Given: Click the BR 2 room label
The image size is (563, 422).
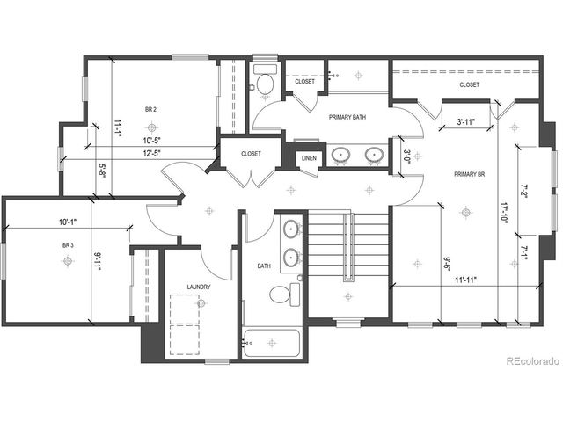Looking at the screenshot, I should (x=150, y=109).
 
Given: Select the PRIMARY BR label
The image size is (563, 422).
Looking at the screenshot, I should (x=470, y=174).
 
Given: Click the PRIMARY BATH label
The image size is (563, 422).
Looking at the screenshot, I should (x=347, y=117).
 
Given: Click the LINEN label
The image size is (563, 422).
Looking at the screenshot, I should (x=308, y=158).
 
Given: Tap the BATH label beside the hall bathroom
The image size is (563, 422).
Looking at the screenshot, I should (x=264, y=266).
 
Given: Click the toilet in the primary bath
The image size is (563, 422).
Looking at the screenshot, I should (x=264, y=82).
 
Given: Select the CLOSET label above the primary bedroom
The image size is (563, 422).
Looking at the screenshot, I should (x=469, y=84).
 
